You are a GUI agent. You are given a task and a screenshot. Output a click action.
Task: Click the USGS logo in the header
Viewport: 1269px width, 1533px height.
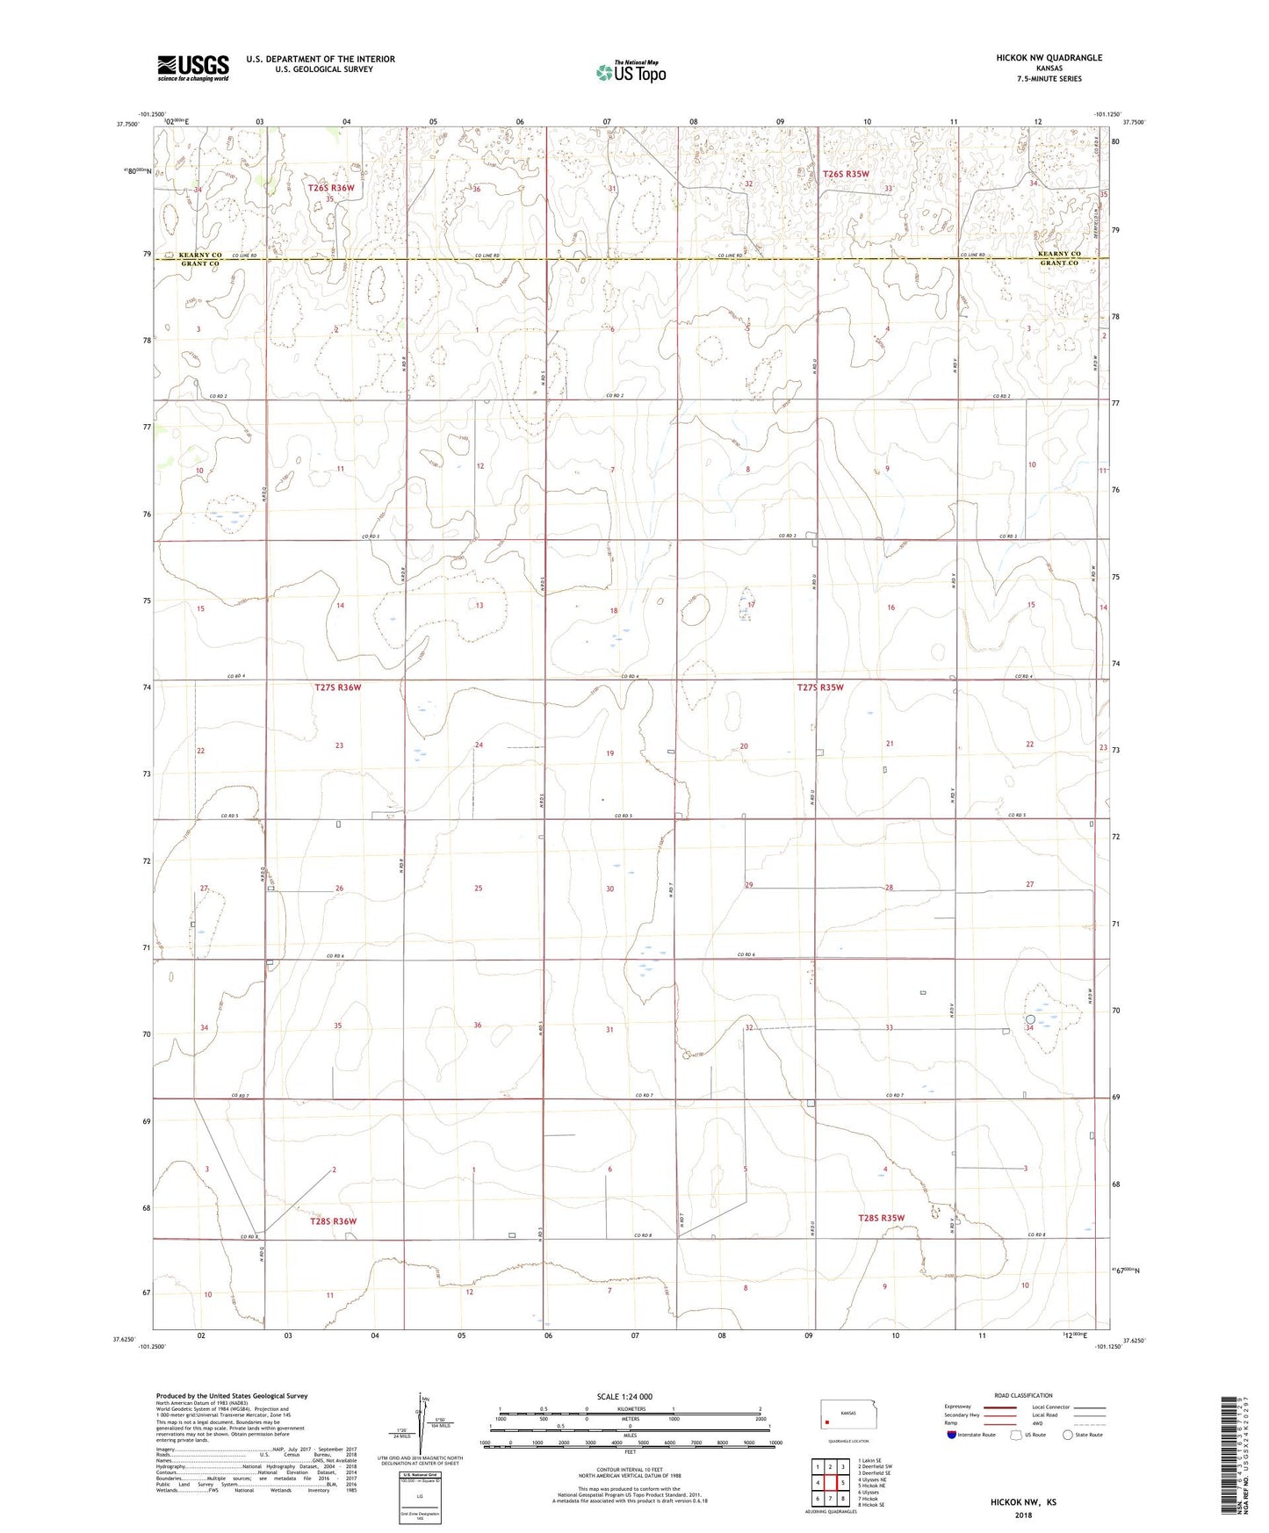tap(192, 68)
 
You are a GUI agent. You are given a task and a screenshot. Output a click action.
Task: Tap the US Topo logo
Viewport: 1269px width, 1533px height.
tap(631, 72)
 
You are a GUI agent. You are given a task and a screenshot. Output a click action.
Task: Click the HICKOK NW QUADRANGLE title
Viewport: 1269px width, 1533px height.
tap(1049, 58)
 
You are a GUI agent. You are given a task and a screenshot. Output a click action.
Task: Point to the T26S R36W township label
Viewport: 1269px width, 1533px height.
tap(331, 188)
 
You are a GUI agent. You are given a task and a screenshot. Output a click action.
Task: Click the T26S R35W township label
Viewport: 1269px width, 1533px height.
tap(846, 174)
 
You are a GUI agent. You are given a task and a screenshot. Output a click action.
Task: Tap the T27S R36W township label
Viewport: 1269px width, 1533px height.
tap(337, 687)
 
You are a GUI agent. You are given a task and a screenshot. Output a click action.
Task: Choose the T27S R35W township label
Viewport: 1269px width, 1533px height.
tap(819, 687)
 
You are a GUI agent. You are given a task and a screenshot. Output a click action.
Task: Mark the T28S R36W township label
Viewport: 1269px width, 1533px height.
tap(333, 1221)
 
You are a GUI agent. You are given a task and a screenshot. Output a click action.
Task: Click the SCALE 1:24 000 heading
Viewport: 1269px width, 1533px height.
tap(624, 1397)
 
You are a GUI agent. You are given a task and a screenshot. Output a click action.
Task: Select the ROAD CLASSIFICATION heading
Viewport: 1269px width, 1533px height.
tap(1023, 1395)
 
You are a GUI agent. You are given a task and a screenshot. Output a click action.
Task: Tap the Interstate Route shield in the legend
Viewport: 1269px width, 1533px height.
tap(952, 1436)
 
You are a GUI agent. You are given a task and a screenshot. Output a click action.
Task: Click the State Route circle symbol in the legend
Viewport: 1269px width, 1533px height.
tap(1068, 1436)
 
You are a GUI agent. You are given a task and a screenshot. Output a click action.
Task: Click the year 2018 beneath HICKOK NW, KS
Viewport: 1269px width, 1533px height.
tap(1022, 1515)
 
